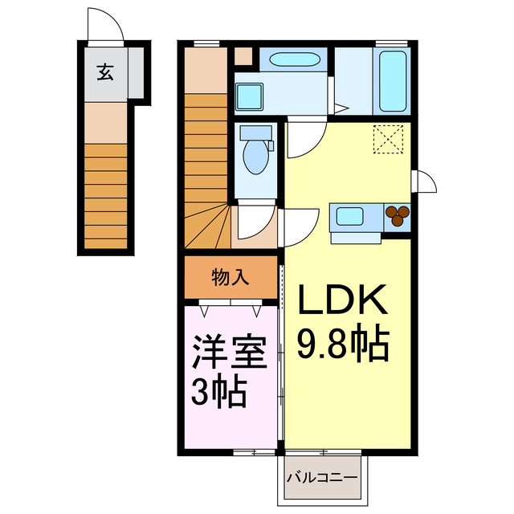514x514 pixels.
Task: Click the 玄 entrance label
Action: point(105,73)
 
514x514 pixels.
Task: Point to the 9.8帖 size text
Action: point(344,343)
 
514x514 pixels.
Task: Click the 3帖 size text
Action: point(218,394)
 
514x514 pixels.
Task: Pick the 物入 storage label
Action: point(230,278)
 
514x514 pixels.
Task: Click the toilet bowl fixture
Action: point(256,157)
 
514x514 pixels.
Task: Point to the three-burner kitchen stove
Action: point(397,215)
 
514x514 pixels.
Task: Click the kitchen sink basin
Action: point(351,216)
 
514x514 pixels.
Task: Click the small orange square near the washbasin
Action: point(242,57)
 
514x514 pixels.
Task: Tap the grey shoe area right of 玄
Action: point(137,74)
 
